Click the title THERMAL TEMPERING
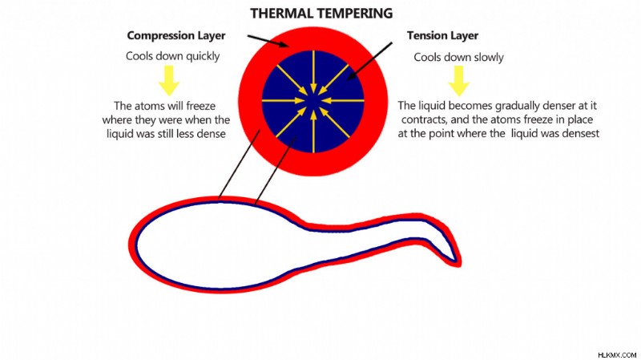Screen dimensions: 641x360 click(x=321, y=14)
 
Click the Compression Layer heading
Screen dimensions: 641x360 click(x=176, y=35)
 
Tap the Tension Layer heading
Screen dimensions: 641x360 click(x=442, y=35)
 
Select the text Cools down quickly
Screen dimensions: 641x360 click(x=172, y=56)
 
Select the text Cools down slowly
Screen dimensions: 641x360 click(x=458, y=57)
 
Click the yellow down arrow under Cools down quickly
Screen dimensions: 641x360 click(x=169, y=81)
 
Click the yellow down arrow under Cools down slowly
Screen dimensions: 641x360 click(x=458, y=81)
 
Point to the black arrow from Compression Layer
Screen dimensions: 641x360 click(x=268, y=41)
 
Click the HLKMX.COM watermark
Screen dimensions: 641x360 click(x=617, y=354)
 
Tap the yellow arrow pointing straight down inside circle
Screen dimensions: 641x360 click(x=313, y=73)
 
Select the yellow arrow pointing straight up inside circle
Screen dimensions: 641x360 click(x=313, y=131)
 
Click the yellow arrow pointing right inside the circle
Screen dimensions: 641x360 click(x=284, y=100)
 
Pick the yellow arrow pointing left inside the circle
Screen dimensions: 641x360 click(x=343, y=100)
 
